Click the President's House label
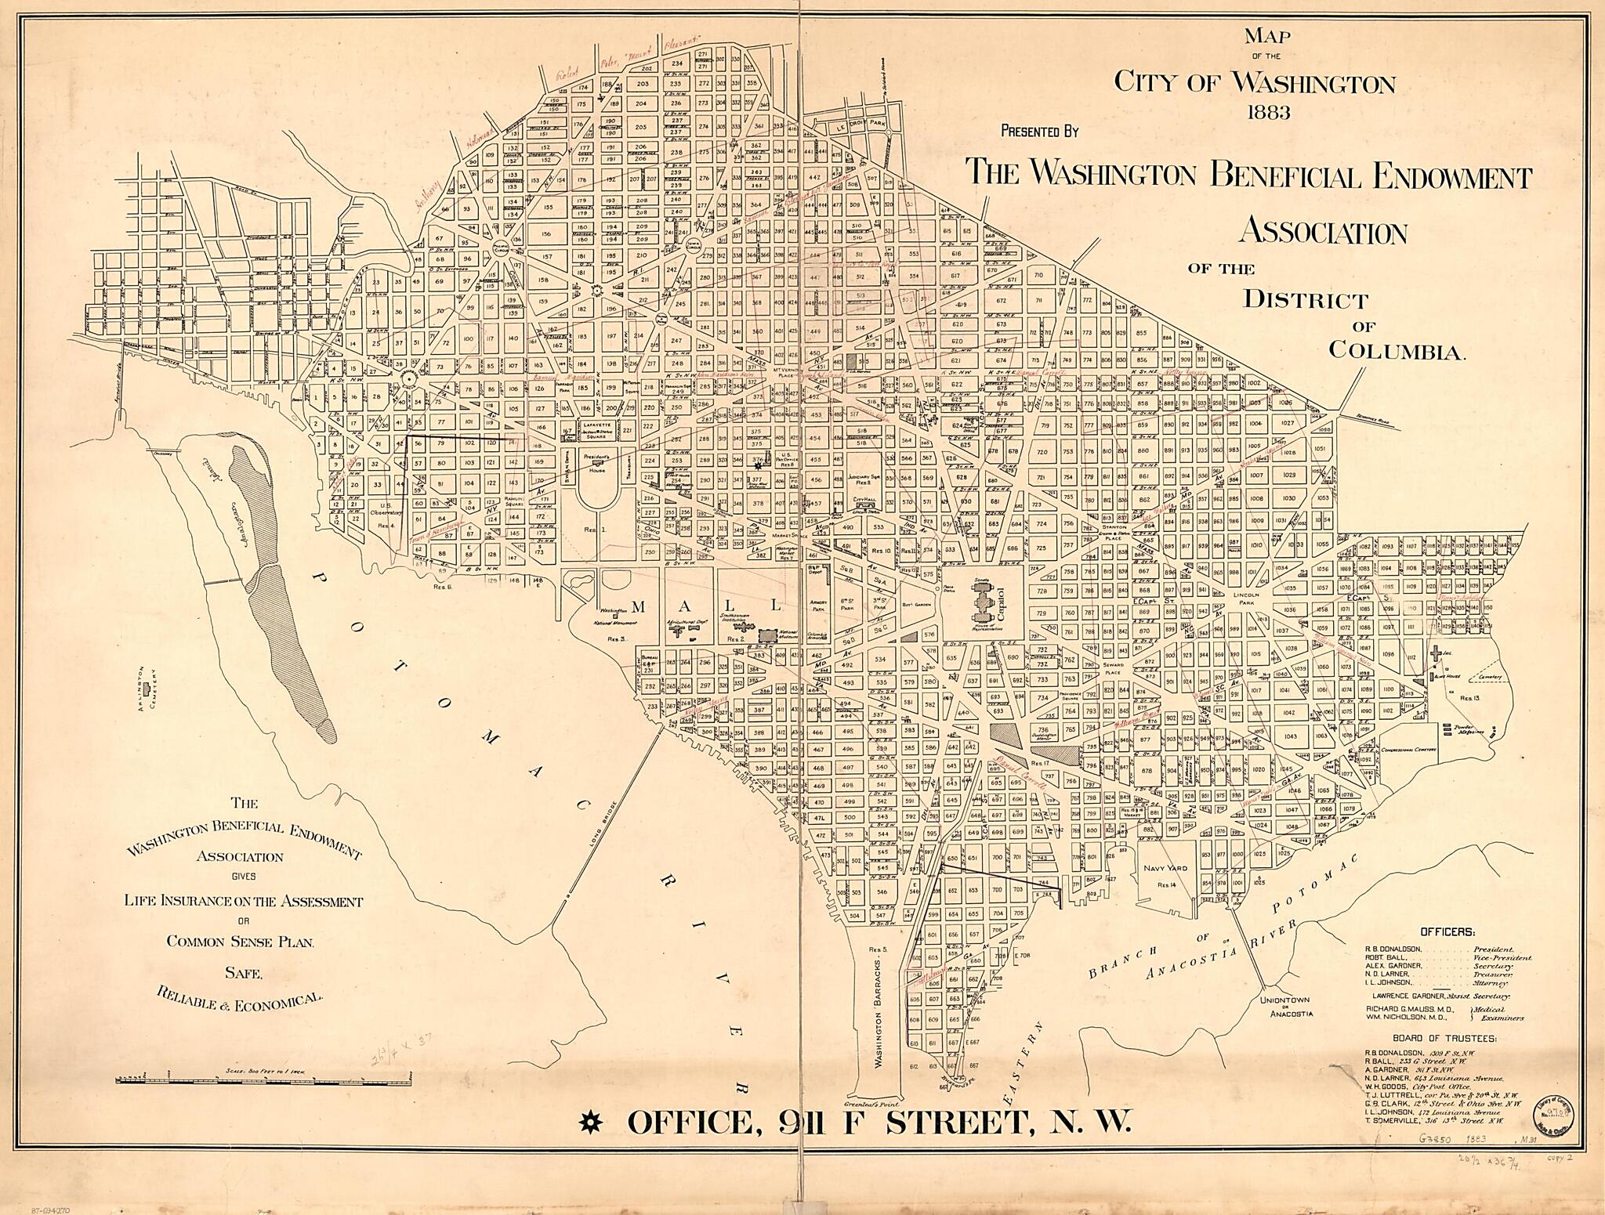pyautogui.click(x=597, y=460)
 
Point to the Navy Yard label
pyautogui.click(x=1165, y=868)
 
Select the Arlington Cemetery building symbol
pyautogui.click(x=147, y=688)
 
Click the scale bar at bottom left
pyautogui.click(x=263, y=1082)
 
